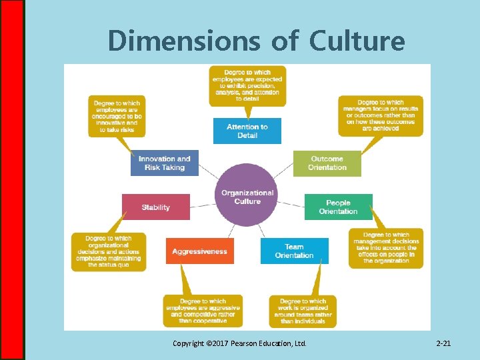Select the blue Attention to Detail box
tap(247, 131)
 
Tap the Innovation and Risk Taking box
tap(165, 163)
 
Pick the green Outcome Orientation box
tap(327, 163)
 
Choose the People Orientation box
tap(338, 207)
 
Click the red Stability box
tap(156, 207)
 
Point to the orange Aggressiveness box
tap(199, 251)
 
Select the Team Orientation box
tap(294, 251)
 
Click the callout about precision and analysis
tap(247, 85)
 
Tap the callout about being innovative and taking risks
tap(117, 116)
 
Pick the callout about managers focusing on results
tap(381, 115)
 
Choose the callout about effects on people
tap(386, 248)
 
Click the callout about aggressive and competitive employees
tap(203, 311)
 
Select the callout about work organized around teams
tap(303, 311)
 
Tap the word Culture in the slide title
tap(357, 41)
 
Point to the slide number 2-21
tap(443, 343)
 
